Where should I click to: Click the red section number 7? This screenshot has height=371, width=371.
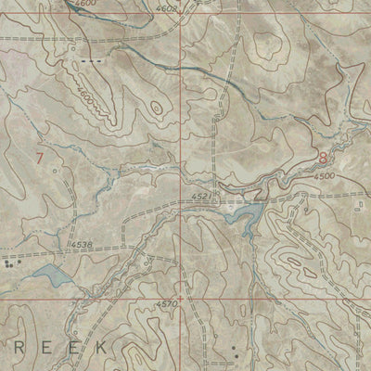(39, 158)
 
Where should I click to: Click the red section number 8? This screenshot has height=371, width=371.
(322, 159)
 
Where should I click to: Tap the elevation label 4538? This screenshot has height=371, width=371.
(82, 245)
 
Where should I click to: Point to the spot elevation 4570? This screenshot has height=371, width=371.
(167, 304)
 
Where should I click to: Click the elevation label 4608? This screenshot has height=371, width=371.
(167, 9)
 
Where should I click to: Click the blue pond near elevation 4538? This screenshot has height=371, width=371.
(47, 275)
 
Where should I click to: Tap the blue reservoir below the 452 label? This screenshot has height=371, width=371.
(245, 219)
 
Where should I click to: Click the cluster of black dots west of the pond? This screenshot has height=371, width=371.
(9, 263)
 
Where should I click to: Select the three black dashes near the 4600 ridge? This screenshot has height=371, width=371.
(90, 60)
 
